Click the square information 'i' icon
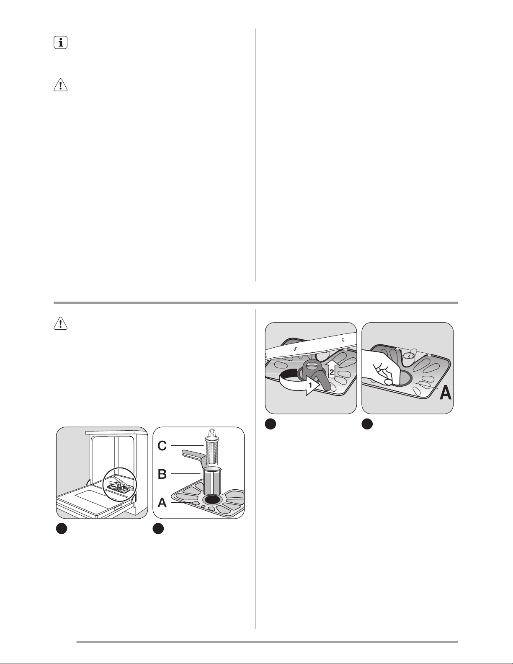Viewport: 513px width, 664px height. [x=60, y=42]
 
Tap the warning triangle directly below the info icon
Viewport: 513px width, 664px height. [x=60, y=85]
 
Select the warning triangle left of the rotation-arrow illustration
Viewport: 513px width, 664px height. [x=60, y=323]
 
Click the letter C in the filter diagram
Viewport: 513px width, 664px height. [x=162, y=446]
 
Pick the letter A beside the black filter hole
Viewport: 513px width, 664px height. [x=162, y=502]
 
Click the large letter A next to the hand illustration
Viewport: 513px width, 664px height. [x=445, y=393]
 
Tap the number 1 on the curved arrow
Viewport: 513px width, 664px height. [x=310, y=385]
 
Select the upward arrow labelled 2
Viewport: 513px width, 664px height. [x=332, y=369]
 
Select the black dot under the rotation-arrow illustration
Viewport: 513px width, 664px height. [x=270, y=424]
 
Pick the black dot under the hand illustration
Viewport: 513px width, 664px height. [x=367, y=424]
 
